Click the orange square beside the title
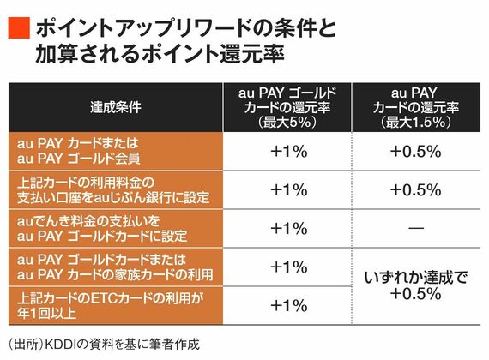(19, 28)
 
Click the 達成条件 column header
(116, 107)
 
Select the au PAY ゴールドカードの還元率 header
(287, 107)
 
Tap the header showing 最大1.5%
(416, 107)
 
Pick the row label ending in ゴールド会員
(78, 151)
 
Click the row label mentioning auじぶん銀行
(113, 189)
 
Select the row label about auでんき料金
(102, 229)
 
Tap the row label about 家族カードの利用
(115, 267)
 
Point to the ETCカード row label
(111, 305)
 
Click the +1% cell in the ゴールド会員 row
(289, 152)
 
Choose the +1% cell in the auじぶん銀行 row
(289, 190)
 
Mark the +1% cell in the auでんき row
(289, 229)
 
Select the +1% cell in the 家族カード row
(289, 267)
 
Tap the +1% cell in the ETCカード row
(289, 305)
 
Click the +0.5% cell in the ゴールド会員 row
(416, 152)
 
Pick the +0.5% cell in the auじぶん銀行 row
(416, 190)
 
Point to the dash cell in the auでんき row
(416, 229)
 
